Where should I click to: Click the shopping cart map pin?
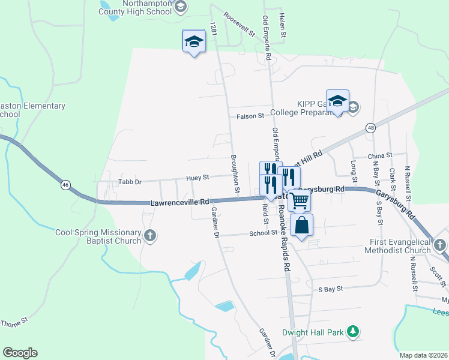(299, 200)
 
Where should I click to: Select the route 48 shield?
(371, 128)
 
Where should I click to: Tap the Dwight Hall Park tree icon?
(354, 331)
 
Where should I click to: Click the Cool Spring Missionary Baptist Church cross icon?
(150, 237)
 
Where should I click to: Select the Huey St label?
(197, 178)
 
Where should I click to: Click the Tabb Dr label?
(129, 181)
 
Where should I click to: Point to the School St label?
(262, 232)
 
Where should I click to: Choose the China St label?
(380, 156)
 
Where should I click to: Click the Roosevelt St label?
(238, 24)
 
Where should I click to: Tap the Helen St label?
(282, 23)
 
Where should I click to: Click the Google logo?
(20, 353)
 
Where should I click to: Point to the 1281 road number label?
(212, 29)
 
